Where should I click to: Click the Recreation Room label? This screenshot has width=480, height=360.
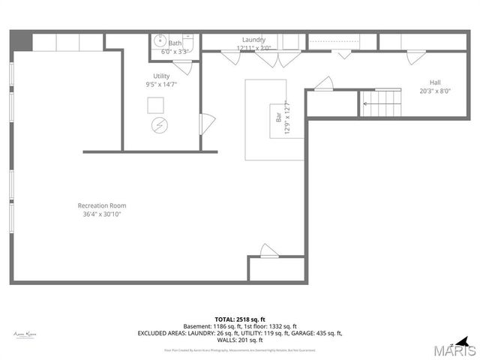click(x=102, y=205)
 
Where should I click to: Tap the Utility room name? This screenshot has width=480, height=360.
click(x=161, y=76)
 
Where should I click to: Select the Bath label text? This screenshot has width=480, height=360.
click(x=175, y=43)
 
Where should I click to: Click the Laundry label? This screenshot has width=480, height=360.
click(x=253, y=40)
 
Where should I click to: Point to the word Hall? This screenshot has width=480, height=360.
click(x=435, y=82)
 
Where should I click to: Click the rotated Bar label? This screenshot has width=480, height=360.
click(x=277, y=117)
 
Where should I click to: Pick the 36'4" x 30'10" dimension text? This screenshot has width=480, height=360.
click(x=102, y=214)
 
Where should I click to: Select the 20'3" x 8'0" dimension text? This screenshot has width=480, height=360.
click(x=435, y=91)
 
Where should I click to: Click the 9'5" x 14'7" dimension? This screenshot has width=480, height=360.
click(x=161, y=85)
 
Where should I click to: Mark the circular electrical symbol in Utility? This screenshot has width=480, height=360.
click(x=159, y=124)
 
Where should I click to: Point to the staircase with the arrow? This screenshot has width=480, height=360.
click(x=382, y=103)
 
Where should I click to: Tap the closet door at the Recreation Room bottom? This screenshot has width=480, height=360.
click(x=269, y=250)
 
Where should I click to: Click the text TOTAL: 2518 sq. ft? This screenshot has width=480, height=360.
click(x=240, y=319)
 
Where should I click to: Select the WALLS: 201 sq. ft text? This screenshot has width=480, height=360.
click(x=240, y=340)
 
